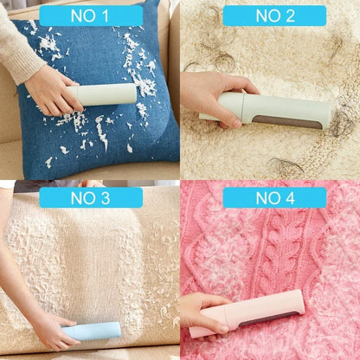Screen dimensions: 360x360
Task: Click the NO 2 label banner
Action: pos(274,16)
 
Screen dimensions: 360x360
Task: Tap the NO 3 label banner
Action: pos(90,197)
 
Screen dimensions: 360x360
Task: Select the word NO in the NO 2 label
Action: pos(262,16)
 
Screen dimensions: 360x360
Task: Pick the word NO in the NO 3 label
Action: pos(78,197)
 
